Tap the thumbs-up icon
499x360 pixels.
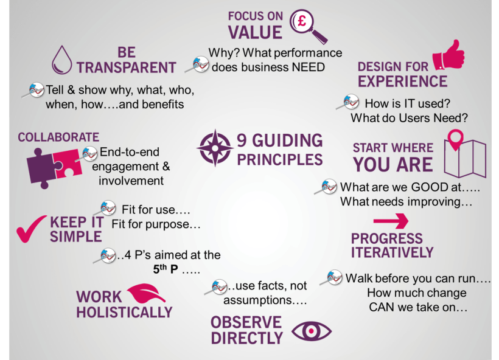pyautogui.click(x=448, y=57)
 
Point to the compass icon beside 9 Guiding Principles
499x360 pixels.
pyautogui.click(x=214, y=148)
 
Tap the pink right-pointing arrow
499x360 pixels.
pyautogui.click(x=390, y=220)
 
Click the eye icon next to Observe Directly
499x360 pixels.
pyautogui.click(x=312, y=330)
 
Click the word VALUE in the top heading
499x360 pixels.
pyautogui.click(x=256, y=32)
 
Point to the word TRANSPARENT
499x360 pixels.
pyautogui.click(x=126, y=67)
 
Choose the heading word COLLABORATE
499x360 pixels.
pyautogui.click(x=58, y=137)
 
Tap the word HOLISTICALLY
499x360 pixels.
pyautogui.click(x=124, y=312)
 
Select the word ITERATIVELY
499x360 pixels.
pyautogui.click(x=393, y=252)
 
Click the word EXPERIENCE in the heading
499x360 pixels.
pyautogui.click(x=402, y=81)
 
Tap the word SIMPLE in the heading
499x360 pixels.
pyautogui.click(x=76, y=237)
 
